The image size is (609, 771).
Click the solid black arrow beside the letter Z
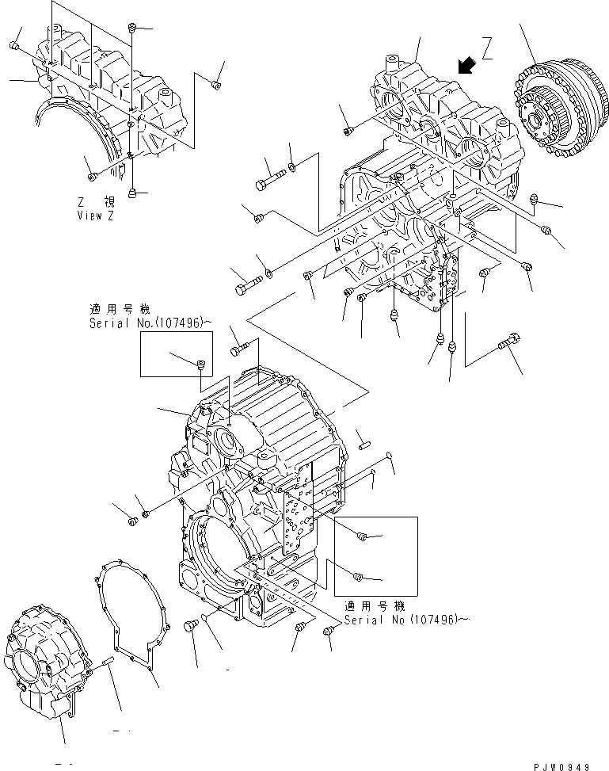pyautogui.click(x=467, y=64)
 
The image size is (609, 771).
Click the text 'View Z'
pyautogui.click(x=95, y=216)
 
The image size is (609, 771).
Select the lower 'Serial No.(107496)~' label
pyautogui.click(x=402, y=619)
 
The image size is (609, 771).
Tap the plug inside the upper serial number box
pyautogui.click(x=200, y=365)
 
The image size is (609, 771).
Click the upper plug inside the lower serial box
pyautogui.click(x=361, y=537)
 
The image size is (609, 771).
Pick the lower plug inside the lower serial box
pyautogui.click(x=357, y=576)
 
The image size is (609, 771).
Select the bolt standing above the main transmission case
pyautogui.click(x=242, y=347)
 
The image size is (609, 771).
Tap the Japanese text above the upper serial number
pyautogui.click(x=119, y=310)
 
